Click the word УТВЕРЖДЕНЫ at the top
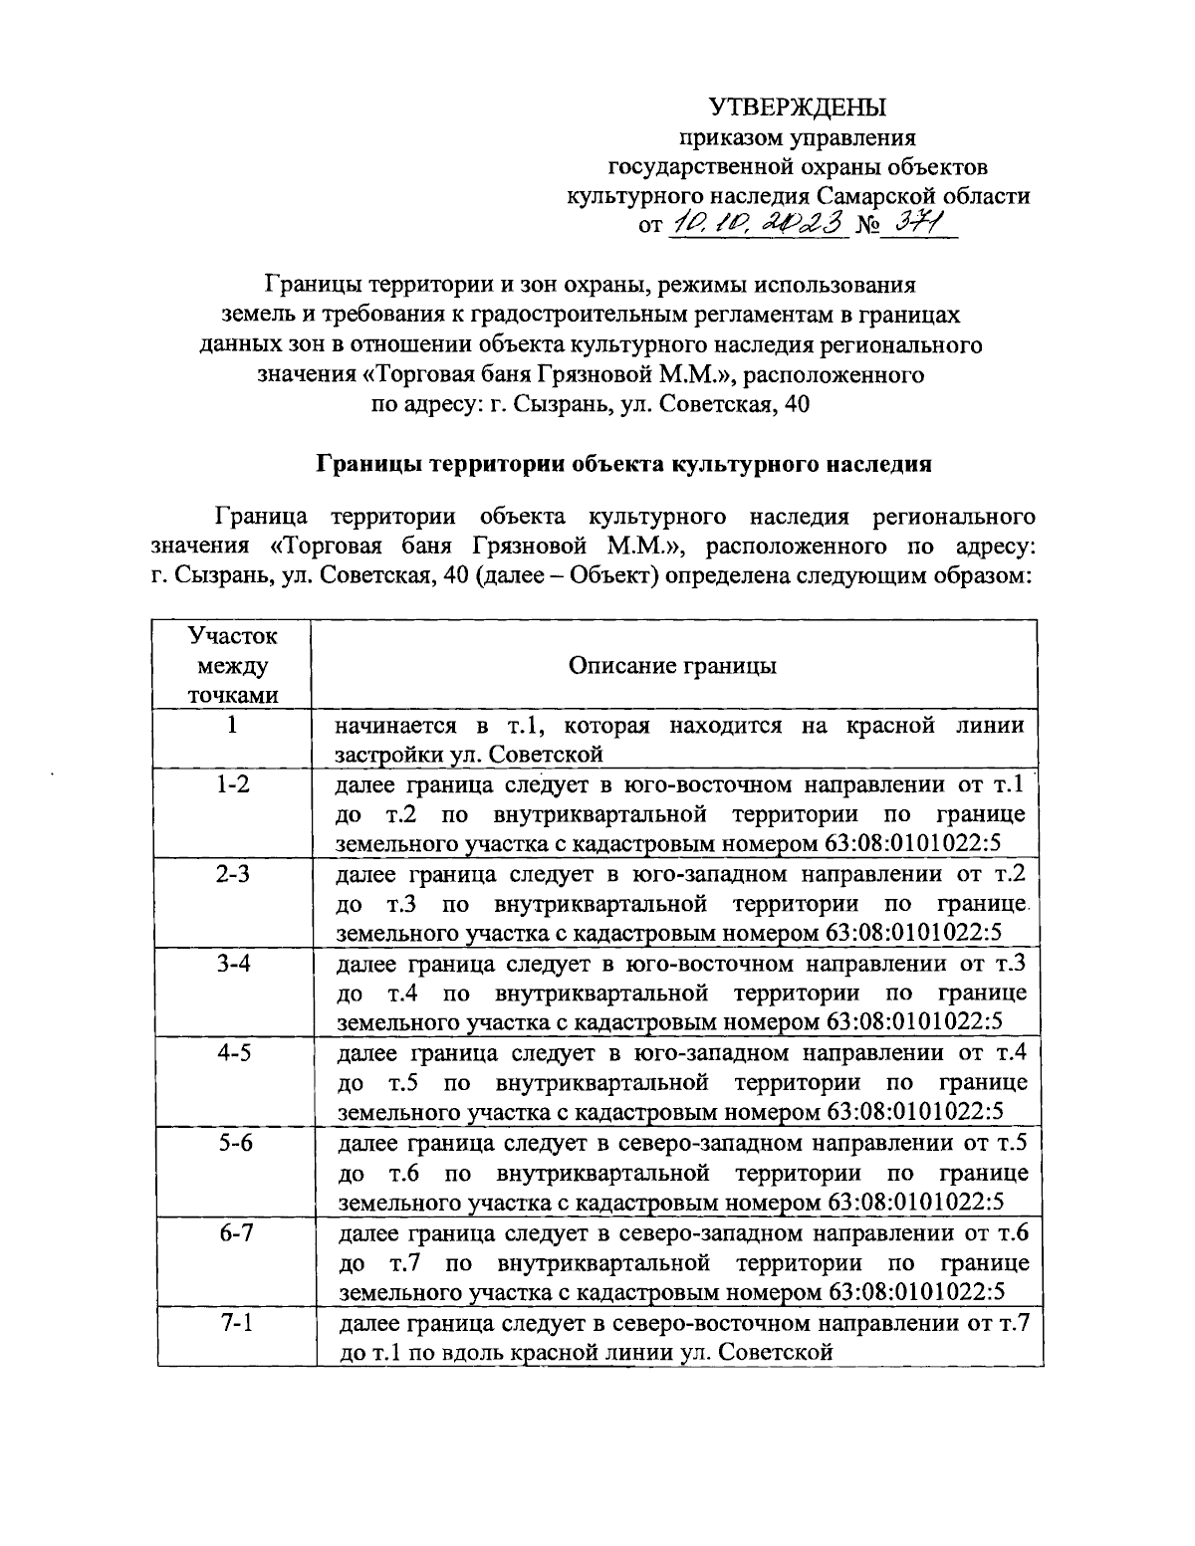797,107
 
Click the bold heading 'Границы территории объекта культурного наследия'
623,464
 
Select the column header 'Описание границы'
672,666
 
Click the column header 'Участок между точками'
233,666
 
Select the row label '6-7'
233,1233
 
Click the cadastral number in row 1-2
913,845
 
